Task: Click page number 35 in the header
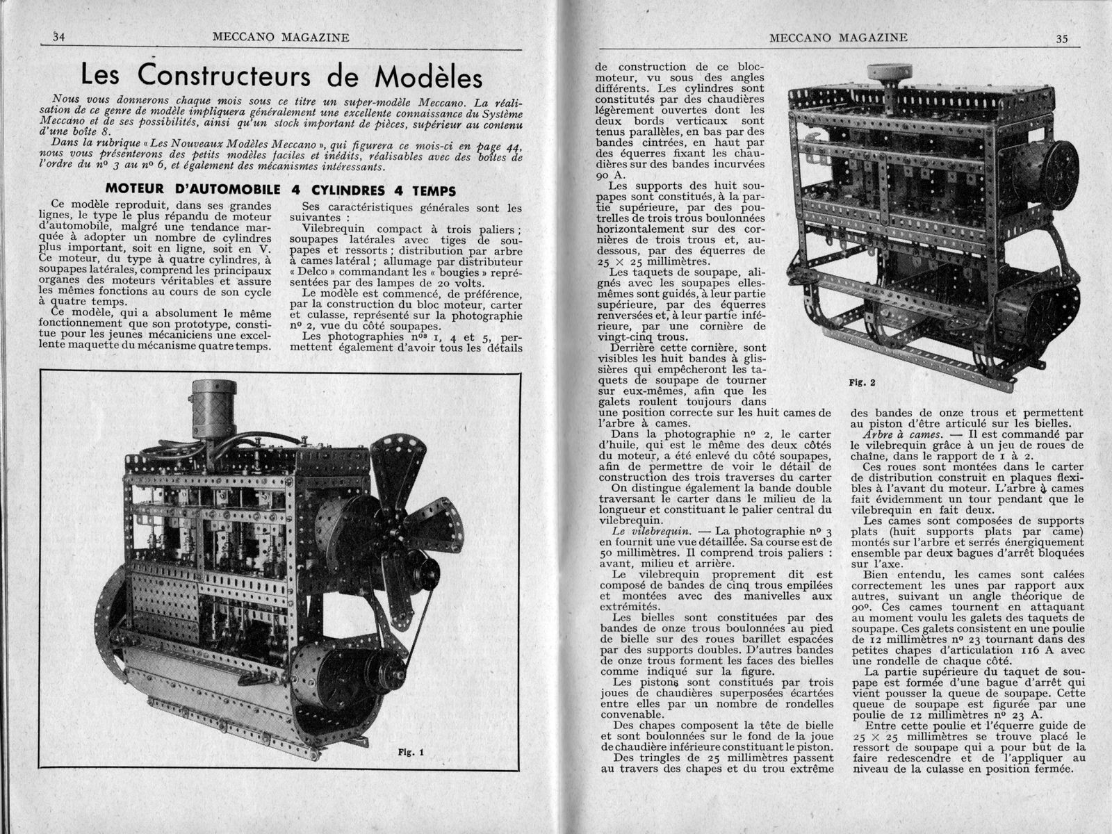[x=1061, y=39]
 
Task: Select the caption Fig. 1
[x=411, y=751]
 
